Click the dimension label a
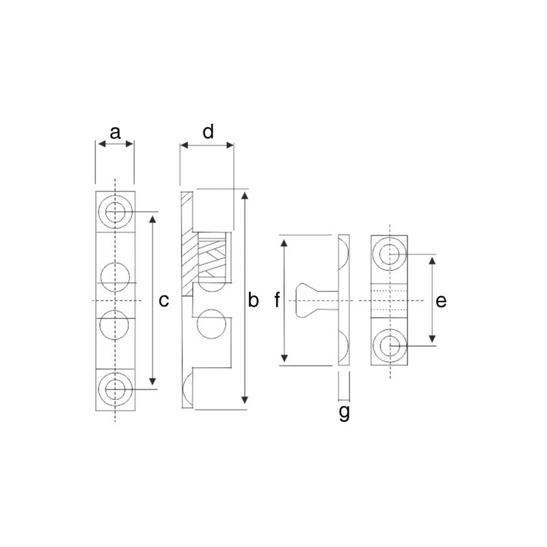click(115, 133)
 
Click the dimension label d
click(208, 132)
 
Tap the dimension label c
click(163, 301)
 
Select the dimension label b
click(253, 300)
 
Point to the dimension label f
click(277, 300)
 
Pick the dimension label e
click(441, 301)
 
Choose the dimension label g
click(344, 412)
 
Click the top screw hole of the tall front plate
click(115, 211)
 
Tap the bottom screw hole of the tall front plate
click(115, 389)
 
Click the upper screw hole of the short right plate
click(389, 254)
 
